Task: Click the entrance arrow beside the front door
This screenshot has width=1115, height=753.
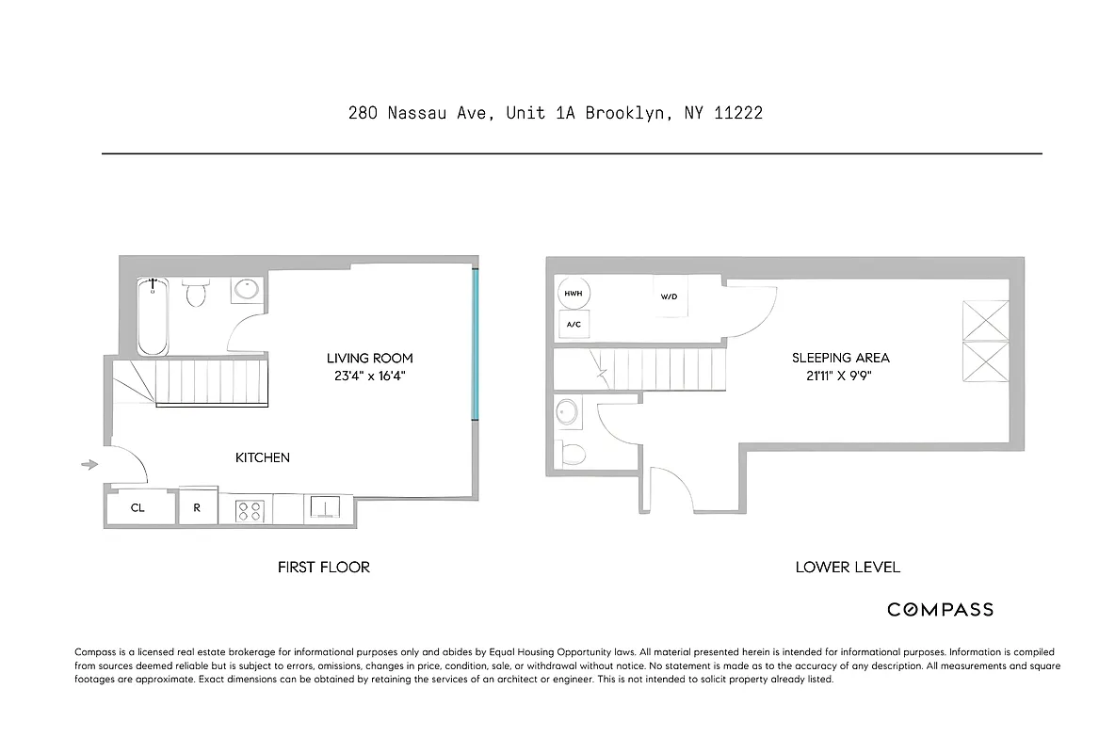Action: click(89, 464)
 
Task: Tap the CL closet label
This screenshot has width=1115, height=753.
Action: click(138, 508)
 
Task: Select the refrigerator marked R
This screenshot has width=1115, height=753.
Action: click(197, 508)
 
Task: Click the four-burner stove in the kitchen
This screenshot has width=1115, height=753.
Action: click(250, 510)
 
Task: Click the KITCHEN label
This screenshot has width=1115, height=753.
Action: click(263, 457)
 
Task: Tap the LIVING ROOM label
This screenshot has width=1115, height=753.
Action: click(369, 358)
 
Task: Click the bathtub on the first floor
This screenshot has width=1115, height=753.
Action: click(153, 316)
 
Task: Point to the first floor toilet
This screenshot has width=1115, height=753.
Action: click(196, 294)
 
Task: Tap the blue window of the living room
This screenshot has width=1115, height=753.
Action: click(475, 345)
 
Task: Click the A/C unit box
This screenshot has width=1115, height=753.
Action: click(574, 326)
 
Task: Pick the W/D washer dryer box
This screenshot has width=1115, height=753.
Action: click(669, 296)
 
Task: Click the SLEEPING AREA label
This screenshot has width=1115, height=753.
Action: click(840, 358)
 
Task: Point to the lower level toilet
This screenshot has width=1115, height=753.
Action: click(572, 455)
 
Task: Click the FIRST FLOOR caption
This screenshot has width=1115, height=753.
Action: click(323, 567)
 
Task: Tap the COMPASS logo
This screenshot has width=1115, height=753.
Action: click(940, 610)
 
